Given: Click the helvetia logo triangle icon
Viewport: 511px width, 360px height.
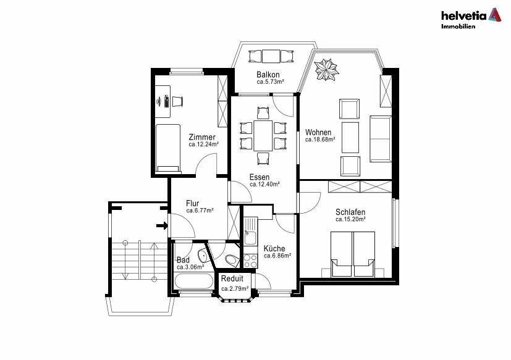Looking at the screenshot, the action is click(x=494, y=15).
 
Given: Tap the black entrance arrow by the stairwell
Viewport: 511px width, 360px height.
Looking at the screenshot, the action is click(x=162, y=225).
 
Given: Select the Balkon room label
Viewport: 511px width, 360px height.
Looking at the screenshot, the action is click(x=268, y=74).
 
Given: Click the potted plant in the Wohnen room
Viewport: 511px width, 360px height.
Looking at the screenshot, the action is click(x=326, y=69).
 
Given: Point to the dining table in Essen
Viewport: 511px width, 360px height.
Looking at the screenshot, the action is click(x=263, y=135).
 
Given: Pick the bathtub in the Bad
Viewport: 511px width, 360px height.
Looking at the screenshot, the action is click(x=193, y=281).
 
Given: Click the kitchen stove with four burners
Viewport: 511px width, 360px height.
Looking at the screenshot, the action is click(x=251, y=261).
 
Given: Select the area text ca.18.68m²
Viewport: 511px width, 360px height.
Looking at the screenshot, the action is click(x=320, y=140).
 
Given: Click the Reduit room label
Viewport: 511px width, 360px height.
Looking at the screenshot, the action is click(x=232, y=278).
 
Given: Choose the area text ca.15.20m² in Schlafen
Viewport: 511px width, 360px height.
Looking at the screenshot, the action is click(x=350, y=219).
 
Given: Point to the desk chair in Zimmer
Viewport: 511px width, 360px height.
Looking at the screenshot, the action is click(x=177, y=101).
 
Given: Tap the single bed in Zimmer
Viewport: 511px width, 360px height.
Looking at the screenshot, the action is click(x=168, y=148).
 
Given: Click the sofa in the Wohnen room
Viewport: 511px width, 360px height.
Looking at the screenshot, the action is click(x=381, y=139).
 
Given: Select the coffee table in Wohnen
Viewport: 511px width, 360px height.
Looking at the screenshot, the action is click(x=350, y=137).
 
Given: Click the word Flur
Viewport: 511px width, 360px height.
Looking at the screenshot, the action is click(x=192, y=203).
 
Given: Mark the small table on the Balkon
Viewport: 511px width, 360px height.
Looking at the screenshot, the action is click(x=271, y=56).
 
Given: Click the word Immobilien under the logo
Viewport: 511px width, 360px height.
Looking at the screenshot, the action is click(x=458, y=27).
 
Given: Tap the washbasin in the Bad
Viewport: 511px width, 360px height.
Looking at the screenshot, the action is click(x=203, y=256).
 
